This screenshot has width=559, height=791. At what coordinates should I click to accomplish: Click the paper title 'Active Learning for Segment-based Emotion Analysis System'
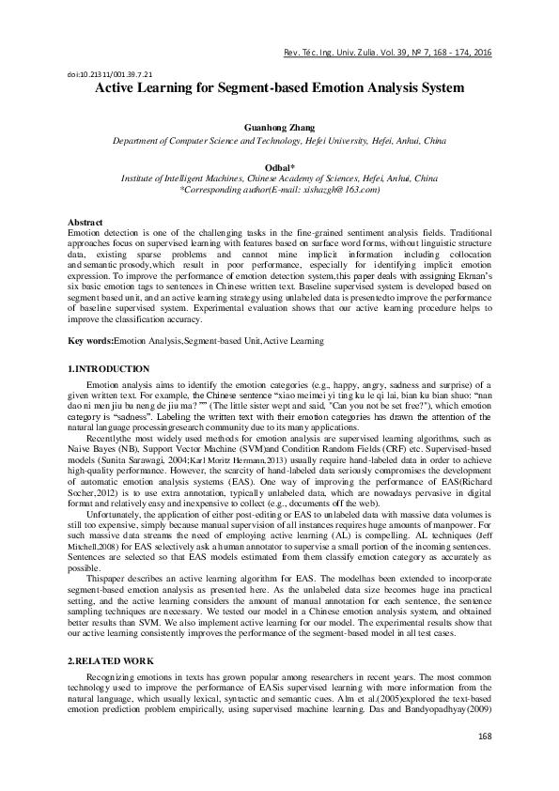click(279, 88)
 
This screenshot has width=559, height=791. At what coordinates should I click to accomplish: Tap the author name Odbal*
click(279, 166)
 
